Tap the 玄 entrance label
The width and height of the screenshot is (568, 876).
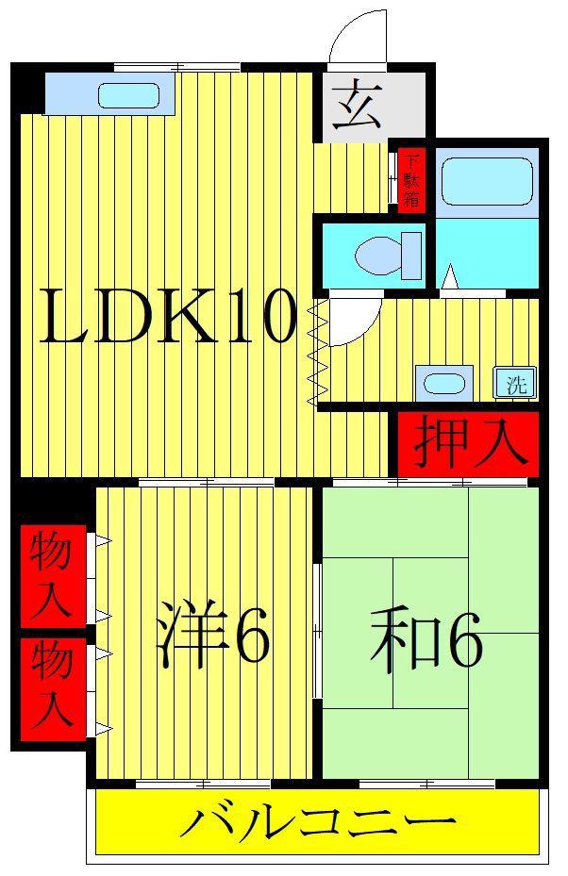[358, 106]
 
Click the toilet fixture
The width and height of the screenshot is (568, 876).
[388, 256]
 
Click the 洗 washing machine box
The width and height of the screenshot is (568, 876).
[515, 383]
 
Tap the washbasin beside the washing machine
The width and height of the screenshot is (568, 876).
[444, 383]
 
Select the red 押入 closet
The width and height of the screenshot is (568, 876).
[469, 444]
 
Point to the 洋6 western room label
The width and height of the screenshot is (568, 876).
[213, 633]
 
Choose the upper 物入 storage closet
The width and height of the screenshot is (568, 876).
[52, 575]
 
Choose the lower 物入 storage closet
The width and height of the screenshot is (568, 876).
[52, 689]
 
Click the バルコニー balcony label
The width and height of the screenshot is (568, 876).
[317, 822]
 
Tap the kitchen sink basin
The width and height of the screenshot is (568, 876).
[128, 95]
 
